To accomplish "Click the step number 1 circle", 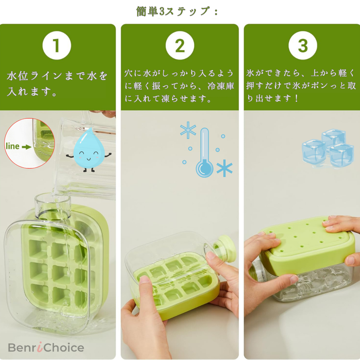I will pyautogui.click(x=57, y=45).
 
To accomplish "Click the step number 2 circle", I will pyautogui.click(x=180, y=45).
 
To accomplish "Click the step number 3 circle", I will pyautogui.click(x=303, y=45).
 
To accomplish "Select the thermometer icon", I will pyautogui.click(x=204, y=153).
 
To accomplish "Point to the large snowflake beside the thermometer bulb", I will pyautogui.click(x=224, y=168).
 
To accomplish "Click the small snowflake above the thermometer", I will pyautogui.click(x=188, y=130).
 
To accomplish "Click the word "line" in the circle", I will pyautogui.click(x=12, y=146).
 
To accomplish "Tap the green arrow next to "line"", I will pyautogui.click(x=26, y=146).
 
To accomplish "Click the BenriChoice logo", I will pyautogui.click(x=46, y=348).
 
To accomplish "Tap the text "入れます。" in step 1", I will pyautogui.click(x=32, y=92).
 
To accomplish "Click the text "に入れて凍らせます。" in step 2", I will pyautogui.click(x=168, y=99).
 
